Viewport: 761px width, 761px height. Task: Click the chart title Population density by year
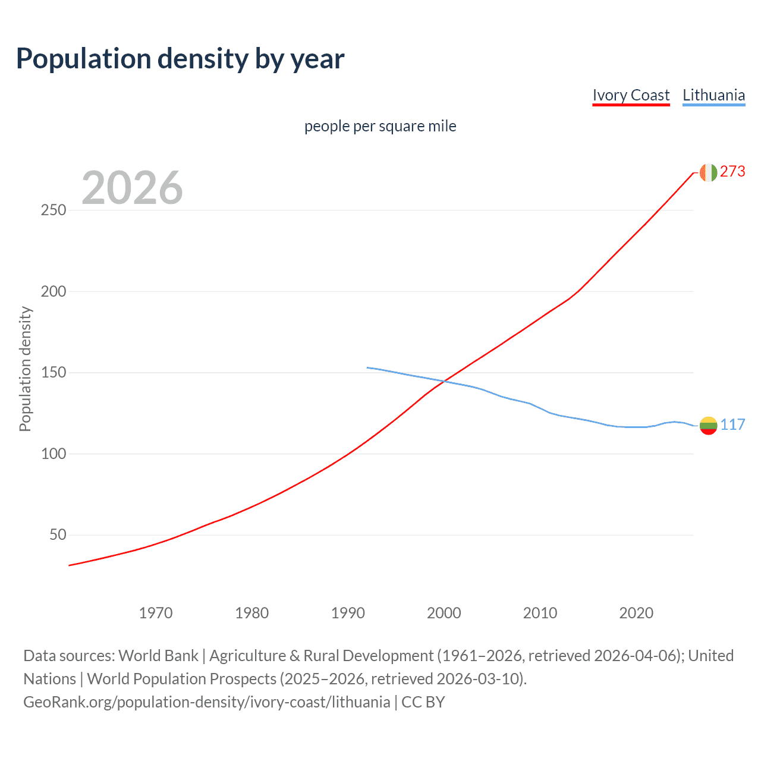point(180,59)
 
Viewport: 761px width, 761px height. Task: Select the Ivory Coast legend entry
point(631,95)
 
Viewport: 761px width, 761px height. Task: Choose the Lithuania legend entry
point(713,95)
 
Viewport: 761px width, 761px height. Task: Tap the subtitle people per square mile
point(380,126)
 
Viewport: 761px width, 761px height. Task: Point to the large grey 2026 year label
point(132,188)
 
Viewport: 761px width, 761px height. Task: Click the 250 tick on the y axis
point(54,210)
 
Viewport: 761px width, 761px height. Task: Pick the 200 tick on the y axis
point(54,291)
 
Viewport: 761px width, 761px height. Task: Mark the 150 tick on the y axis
point(54,373)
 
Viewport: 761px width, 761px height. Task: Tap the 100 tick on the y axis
point(54,454)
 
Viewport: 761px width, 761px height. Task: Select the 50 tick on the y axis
point(58,535)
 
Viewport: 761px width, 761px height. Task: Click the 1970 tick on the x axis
point(156,613)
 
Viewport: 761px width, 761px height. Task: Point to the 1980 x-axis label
point(252,613)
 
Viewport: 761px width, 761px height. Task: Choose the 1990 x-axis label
point(348,613)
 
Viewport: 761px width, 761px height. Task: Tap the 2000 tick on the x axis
point(444,613)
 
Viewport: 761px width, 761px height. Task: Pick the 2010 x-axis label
point(540,613)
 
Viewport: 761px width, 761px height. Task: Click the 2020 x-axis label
point(636,613)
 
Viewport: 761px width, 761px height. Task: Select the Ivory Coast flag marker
point(708,172)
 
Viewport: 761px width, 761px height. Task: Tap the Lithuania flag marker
point(708,425)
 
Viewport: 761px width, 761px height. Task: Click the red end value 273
point(732,172)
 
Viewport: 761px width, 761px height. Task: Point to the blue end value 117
point(732,424)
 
